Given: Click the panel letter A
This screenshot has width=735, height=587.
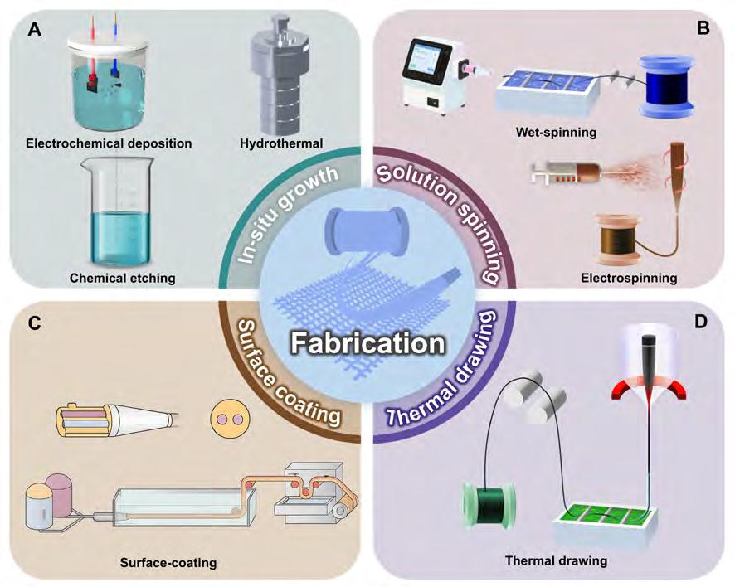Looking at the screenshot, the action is pyautogui.click(x=35, y=30).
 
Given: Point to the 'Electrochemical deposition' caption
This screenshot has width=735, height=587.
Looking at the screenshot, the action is pyautogui.click(x=107, y=143).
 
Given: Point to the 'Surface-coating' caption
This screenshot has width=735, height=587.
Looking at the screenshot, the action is pyautogui.click(x=172, y=563).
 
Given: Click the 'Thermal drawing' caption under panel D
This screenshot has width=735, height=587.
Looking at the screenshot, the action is pyautogui.click(x=556, y=560).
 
